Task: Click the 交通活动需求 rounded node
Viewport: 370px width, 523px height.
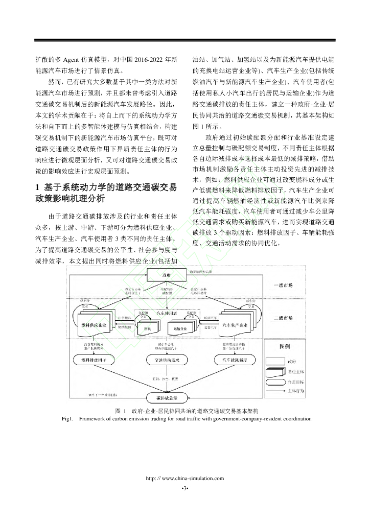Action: pos(165,361)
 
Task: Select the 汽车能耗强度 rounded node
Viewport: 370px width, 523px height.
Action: pos(234,361)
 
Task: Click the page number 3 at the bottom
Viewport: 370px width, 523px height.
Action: pos(185,489)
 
